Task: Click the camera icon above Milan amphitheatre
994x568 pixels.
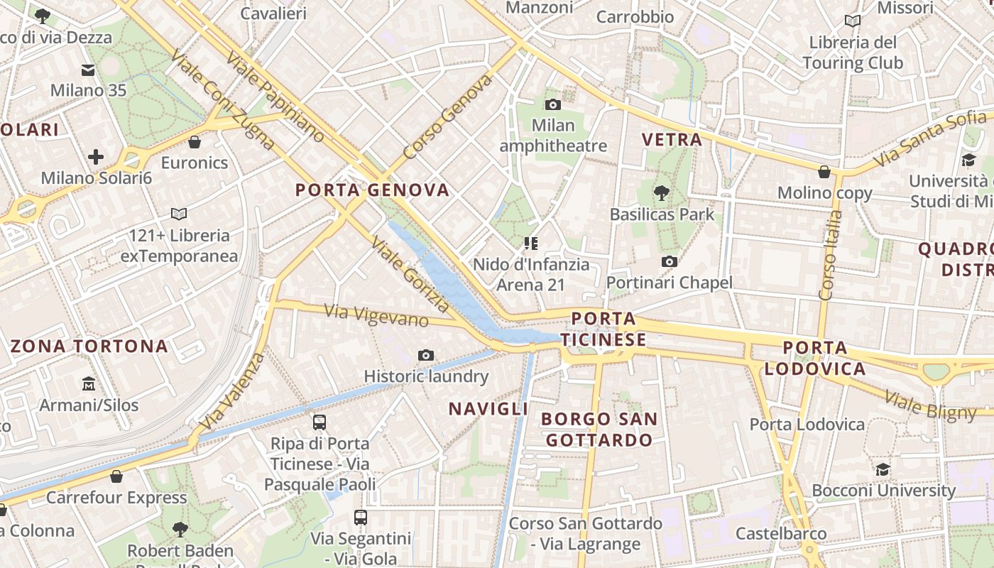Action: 552,105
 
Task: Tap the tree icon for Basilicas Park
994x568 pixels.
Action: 662,192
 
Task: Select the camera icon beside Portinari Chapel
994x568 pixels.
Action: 669,262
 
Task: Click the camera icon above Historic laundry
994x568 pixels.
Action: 426,355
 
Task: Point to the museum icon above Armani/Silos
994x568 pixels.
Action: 89,383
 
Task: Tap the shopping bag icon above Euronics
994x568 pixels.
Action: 195,142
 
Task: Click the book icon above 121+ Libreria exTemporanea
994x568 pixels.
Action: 179,214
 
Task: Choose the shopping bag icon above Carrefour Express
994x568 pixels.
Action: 116,476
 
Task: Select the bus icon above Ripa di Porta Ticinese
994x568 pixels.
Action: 319,422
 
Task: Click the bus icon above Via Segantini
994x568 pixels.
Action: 361,517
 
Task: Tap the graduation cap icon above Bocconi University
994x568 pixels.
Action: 883,469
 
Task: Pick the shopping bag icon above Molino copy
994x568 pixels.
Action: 824,171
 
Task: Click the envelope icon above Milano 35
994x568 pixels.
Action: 88,70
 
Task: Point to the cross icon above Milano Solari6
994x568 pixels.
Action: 96,157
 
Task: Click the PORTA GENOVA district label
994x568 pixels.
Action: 372,190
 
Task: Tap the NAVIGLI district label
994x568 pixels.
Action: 488,408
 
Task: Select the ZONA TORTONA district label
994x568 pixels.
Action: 89,346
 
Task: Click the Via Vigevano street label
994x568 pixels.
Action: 376,316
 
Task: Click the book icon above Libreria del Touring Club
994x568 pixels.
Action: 852,21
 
